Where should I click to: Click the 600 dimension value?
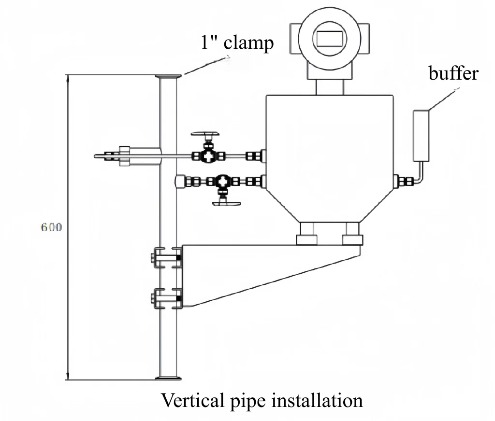coord(51,227)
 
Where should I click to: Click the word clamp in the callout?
coord(249,43)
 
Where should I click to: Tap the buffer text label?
coord(453,73)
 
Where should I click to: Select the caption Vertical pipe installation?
coord(262,400)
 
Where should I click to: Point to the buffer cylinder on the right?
coord(421,135)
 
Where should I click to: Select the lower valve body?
coord(223,182)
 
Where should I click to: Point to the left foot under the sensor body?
coord(307,239)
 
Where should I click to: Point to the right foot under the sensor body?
coord(351,239)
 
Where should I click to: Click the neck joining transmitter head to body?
coord(330,87)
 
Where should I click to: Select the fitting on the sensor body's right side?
coord(404,182)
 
